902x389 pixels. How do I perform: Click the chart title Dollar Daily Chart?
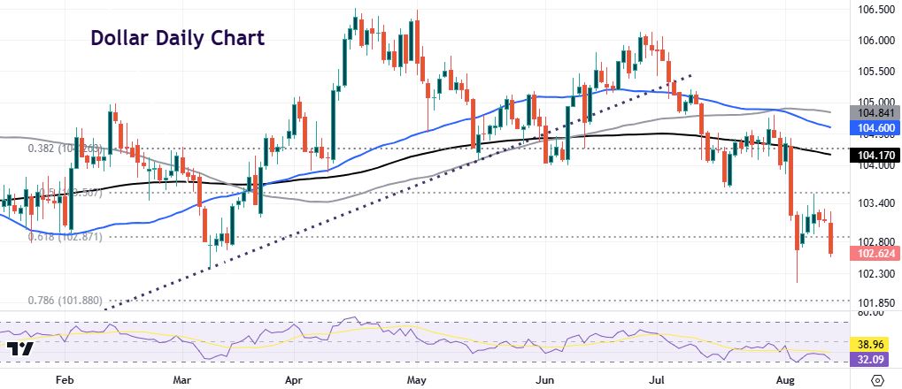(x=177, y=39)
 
